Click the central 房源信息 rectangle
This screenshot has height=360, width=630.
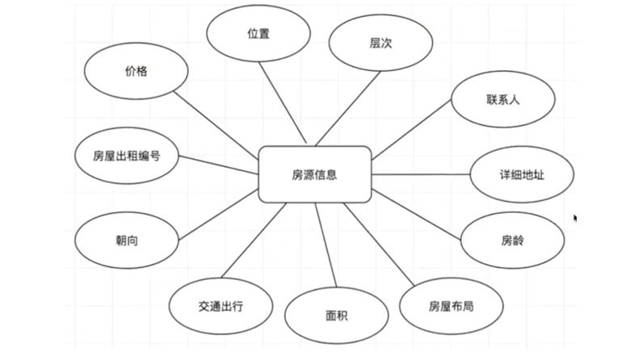[x=314, y=174]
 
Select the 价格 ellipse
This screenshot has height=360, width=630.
[x=136, y=71]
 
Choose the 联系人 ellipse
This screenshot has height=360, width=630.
[x=502, y=99]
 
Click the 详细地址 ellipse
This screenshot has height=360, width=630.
[x=522, y=174]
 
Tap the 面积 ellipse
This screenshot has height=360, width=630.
[x=334, y=316]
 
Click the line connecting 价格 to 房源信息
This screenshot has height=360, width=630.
[x=216, y=121]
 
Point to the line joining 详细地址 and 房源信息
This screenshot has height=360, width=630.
[x=420, y=174]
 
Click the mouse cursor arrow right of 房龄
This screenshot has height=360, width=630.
[x=575, y=218]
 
